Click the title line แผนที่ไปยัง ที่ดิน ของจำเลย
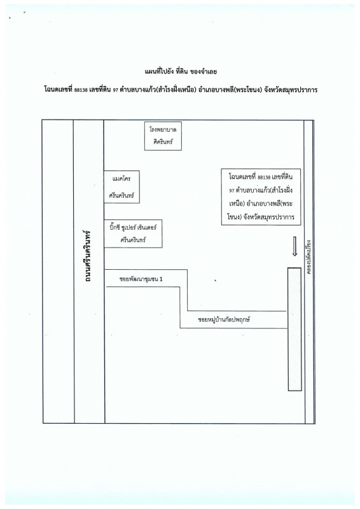[x=181, y=71]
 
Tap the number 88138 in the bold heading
[x=81, y=90]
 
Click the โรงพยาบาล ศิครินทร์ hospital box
[x=163, y=136]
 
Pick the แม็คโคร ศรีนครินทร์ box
[x=121, y=187]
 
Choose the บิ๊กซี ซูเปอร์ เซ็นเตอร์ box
[x=133, y=234]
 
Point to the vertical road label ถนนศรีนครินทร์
[x=87, y=256]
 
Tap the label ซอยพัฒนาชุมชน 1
[x=141, y=279]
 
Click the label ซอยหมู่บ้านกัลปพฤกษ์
[x=224, y=319]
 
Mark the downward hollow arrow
[x=294, y=246]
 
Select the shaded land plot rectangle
[x=294, y=329]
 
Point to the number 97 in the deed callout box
[x=232, y=191]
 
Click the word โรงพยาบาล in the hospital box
[x=163, y=130]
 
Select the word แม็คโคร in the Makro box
[x=121, y=179]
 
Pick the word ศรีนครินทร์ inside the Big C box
[x=133, y=241]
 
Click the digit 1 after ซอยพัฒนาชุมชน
[x=161, y=279]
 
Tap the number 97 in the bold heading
[x=114, y=90]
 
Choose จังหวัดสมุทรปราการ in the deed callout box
[x=268, y=217]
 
